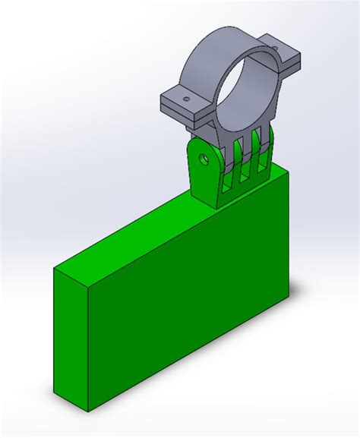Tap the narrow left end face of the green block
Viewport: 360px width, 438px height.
coord(70,334)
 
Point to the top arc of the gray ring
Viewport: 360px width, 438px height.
coord(228,36)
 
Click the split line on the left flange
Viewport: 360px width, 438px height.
coord(186,112)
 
